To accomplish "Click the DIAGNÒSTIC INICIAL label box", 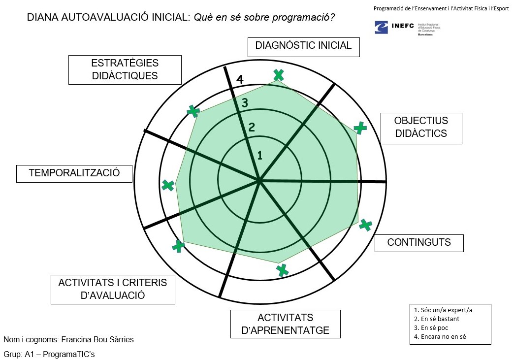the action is point(303,46).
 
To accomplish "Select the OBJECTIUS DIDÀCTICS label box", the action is point(421,128).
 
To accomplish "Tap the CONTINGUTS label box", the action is point(419,242).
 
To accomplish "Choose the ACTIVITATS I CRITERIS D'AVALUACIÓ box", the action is point(113,289).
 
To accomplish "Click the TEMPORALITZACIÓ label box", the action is point(74,173).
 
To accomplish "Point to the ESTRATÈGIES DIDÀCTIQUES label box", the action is point(125,69).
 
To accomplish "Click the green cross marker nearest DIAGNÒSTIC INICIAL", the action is point(279,75).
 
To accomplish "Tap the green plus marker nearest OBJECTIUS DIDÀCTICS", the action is point(360,128).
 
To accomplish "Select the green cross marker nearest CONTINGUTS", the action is point(365,225).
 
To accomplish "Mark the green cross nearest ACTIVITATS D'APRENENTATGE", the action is point(282,270).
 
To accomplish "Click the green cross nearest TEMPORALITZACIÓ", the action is point(168,185).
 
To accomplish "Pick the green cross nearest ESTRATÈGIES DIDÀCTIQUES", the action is point(193,111).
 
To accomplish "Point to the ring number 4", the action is point(240,79).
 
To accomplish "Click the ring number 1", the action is point(260,155).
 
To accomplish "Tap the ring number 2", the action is point(252,127).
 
